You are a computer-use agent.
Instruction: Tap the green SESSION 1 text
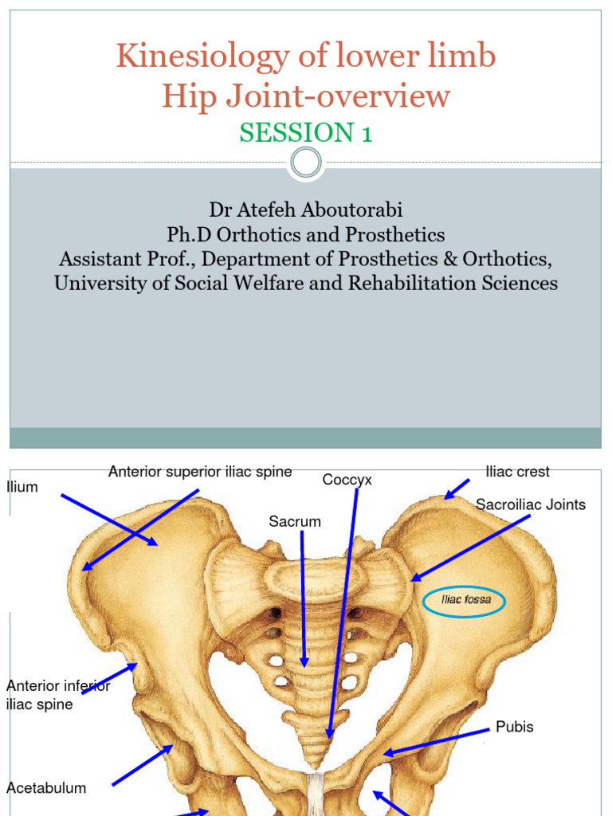(x=306, y=133)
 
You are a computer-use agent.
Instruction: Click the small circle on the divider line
(x=306, y=163)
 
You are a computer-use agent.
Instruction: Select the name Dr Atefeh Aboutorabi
(x=306, y=210)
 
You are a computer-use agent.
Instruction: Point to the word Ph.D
(x=186, y=235)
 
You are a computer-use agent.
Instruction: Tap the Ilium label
(x=22, y=487)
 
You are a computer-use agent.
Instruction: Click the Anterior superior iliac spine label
(x=200, y=472)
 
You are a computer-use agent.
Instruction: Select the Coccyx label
(x=347, y=480)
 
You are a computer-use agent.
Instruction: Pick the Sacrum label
(x=295, y=522)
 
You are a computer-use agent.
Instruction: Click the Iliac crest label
(x=517, y=472)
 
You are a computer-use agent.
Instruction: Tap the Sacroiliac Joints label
(x=531, y=504)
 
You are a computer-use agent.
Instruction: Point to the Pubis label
(x=515, y=727)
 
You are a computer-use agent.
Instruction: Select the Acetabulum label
(x=46, y=788)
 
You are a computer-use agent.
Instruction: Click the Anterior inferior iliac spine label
(x=57, y=695)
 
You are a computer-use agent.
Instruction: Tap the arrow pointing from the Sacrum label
(x=304, y=598)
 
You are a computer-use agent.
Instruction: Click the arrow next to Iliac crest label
(x=457, y=488)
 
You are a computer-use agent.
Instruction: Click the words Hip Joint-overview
(x=306, y=96)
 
